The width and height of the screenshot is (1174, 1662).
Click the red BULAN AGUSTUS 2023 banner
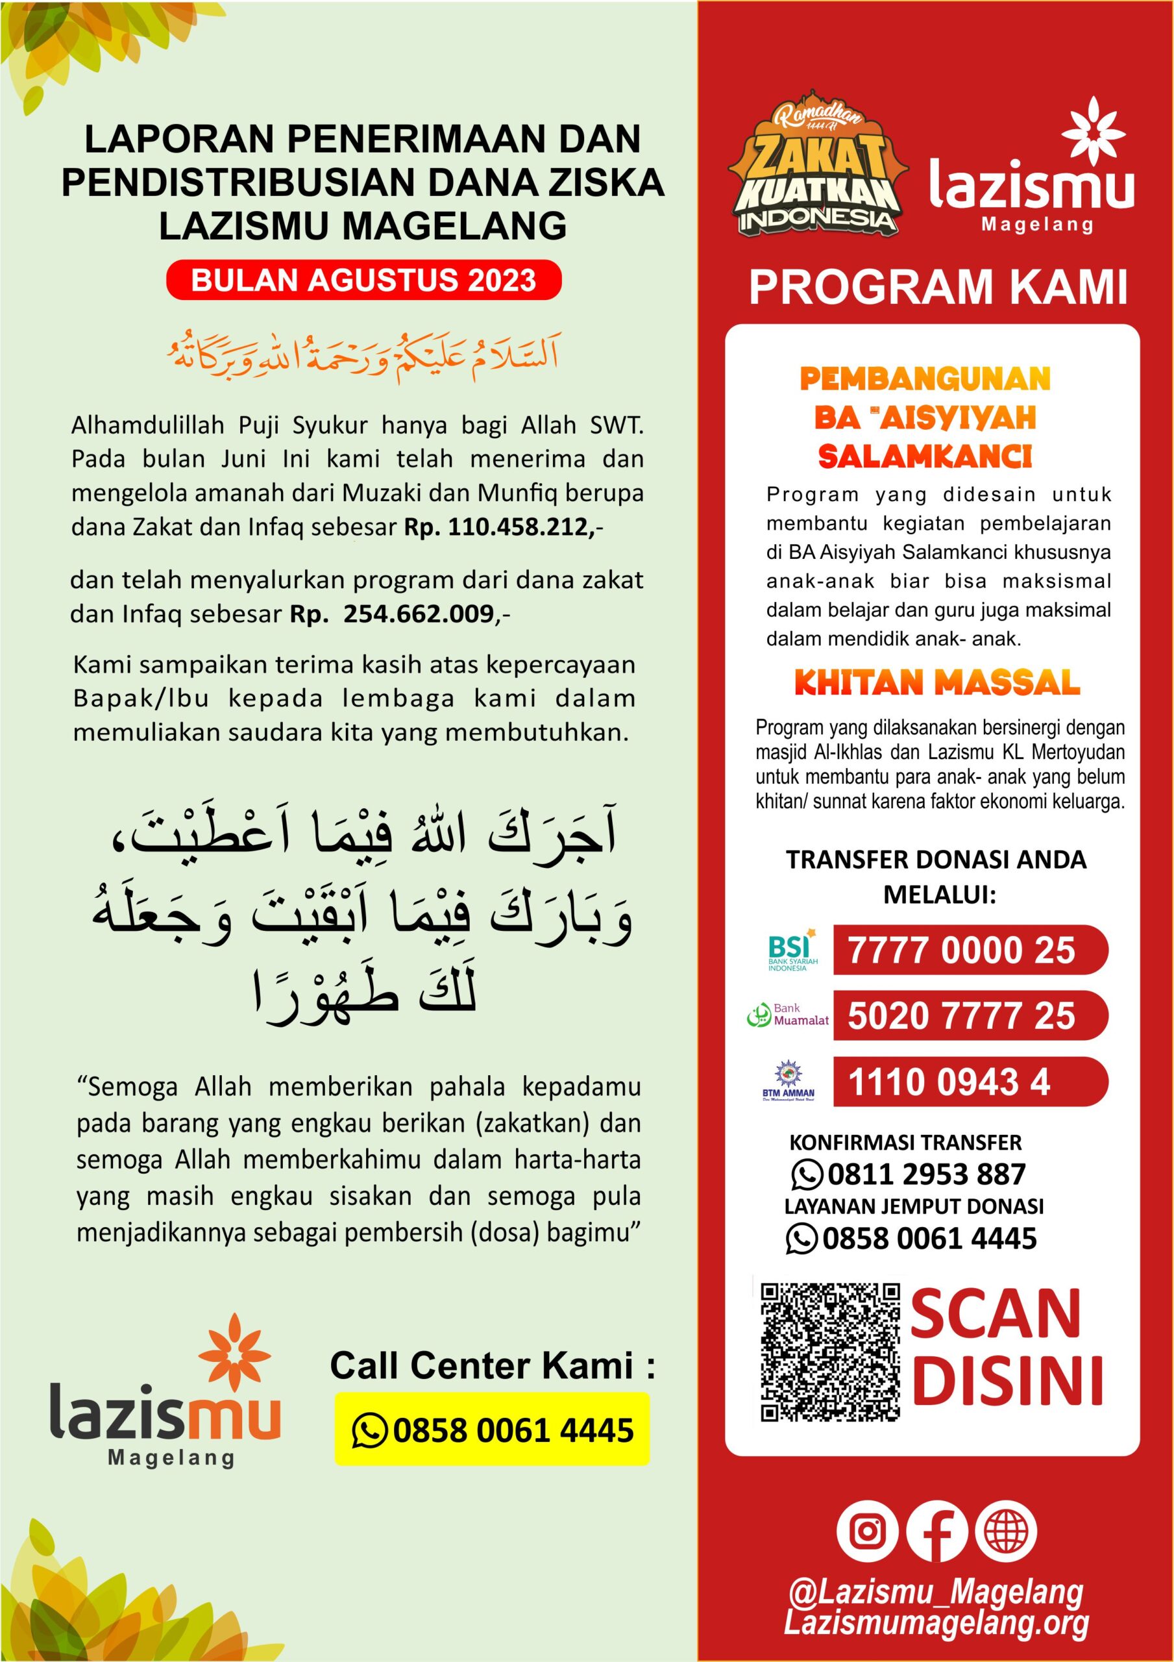click(363, 280)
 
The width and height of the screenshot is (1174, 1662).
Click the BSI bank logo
click(791, 950)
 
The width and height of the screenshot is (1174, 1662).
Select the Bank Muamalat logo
click(787, 1015)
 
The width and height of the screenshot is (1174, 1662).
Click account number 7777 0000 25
click(962, 950)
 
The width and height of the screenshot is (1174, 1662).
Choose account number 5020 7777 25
click(962, 1015)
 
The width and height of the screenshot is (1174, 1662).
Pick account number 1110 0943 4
click(948, 1082)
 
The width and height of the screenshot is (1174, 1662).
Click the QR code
click(829, 1352)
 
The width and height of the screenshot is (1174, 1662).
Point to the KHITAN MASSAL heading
click(936, 682)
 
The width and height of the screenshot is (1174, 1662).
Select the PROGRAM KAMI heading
click(938, 288)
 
